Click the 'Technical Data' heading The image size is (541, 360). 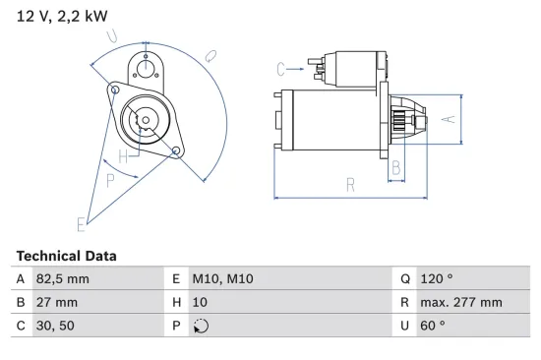66,256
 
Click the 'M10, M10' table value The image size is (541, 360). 226,279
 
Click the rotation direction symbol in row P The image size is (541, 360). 203,327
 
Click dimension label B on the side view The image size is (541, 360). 395,168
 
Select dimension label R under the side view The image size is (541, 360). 350,184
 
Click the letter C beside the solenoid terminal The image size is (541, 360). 281,69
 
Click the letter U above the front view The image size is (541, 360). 113,36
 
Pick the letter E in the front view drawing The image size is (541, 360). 81,224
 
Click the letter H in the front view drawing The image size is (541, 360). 122,157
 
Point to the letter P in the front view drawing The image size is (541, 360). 110,180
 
